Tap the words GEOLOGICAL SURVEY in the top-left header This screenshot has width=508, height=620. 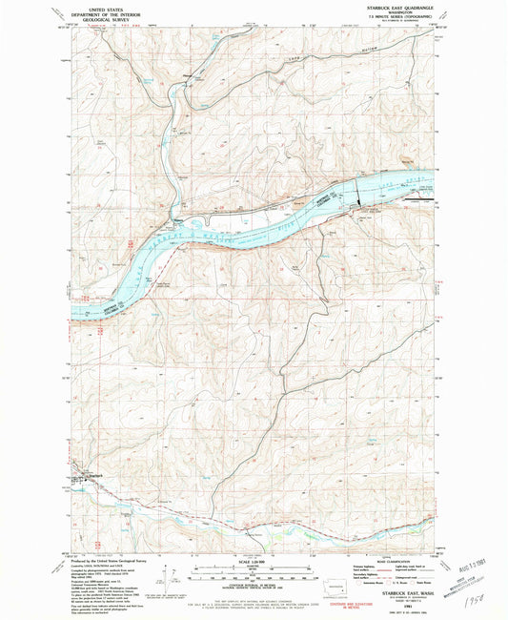[107, 17]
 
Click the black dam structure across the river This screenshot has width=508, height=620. [359, 193]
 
